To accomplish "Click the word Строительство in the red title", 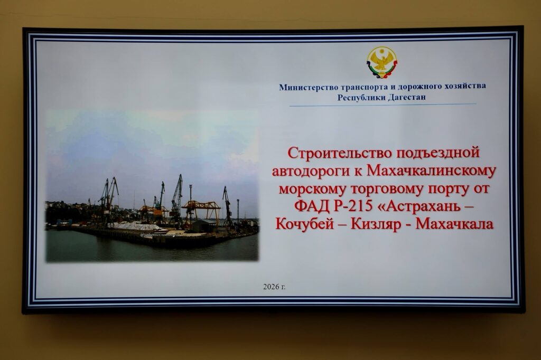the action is (340, 153).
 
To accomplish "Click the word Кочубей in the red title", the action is (305, 224).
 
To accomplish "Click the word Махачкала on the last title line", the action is (455, 224).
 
